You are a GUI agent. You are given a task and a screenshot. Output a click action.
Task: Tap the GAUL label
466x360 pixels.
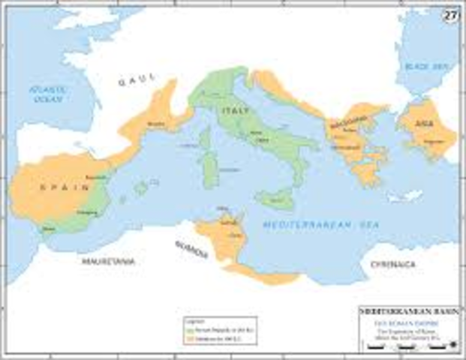click(137, 82)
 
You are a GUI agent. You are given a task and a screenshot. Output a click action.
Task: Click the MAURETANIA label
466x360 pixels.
click(108, 262)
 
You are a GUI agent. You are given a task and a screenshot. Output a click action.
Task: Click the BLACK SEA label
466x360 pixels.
click(436, 67)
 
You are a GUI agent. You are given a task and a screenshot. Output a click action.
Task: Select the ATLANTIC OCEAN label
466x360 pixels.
click(49, 94)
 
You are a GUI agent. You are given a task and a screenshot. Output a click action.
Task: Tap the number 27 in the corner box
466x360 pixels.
click(450, 15)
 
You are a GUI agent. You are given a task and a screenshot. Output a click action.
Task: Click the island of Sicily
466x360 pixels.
click(274, 200)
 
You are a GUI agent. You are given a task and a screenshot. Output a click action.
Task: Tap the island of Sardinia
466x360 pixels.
click(211, 167)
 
